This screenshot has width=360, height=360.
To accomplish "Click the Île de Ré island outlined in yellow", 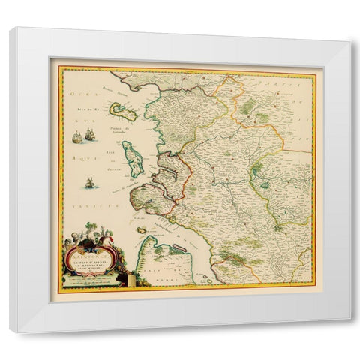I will click(x=120, y=111).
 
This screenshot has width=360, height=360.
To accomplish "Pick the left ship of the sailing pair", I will click(x=77, y=136).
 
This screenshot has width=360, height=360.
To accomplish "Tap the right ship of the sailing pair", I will click(x=90, y=134).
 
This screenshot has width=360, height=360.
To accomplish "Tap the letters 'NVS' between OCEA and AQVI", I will click(x=76, y=126).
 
